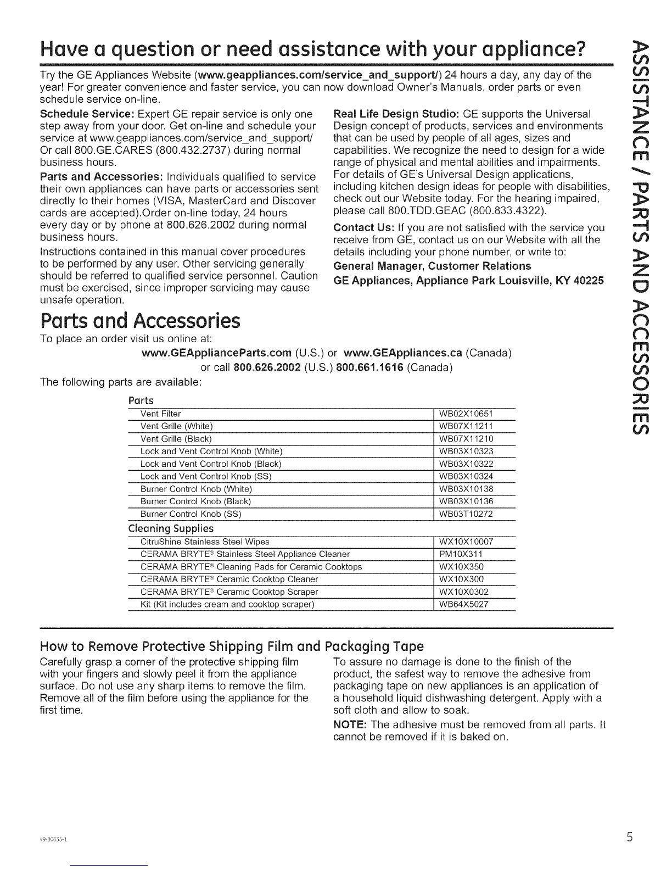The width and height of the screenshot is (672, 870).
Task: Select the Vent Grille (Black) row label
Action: point(176,439)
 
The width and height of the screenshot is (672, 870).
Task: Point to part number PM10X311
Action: point(461,554)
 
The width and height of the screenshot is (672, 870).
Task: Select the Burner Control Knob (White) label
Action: point(196,489)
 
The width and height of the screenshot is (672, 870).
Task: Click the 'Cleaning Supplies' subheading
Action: point(170,528)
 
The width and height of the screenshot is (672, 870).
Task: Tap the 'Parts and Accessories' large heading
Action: point(140,321)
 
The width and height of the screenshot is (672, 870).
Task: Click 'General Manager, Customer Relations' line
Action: point(433,266)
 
